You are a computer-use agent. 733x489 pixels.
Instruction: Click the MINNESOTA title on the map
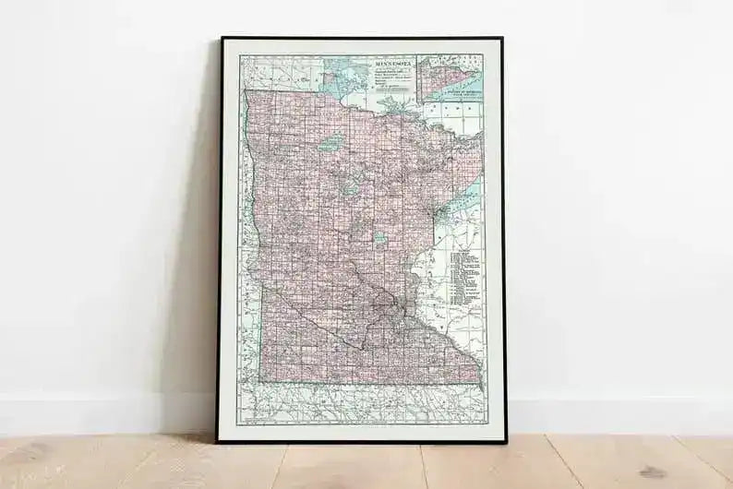(x=394, y=64)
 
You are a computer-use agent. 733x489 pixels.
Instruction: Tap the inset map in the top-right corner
(x=449, y=78)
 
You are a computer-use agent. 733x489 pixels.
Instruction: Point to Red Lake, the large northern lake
(x=331, y=144)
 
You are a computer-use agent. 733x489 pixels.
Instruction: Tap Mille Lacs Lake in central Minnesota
(x=379, y=237)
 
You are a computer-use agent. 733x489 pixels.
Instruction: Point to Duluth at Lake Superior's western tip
(x=440, y=216)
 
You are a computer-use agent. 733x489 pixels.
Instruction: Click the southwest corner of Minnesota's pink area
(x=260, y=380)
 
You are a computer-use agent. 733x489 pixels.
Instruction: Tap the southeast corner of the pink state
(x=480, y=382)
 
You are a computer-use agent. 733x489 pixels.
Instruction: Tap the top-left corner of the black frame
(x=220, y=39)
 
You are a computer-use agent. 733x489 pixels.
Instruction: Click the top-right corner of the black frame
(x=502, y=39)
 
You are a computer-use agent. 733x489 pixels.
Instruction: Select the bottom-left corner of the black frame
(x=218, y=443)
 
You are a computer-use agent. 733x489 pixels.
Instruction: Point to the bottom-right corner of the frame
(x=506, y=443)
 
